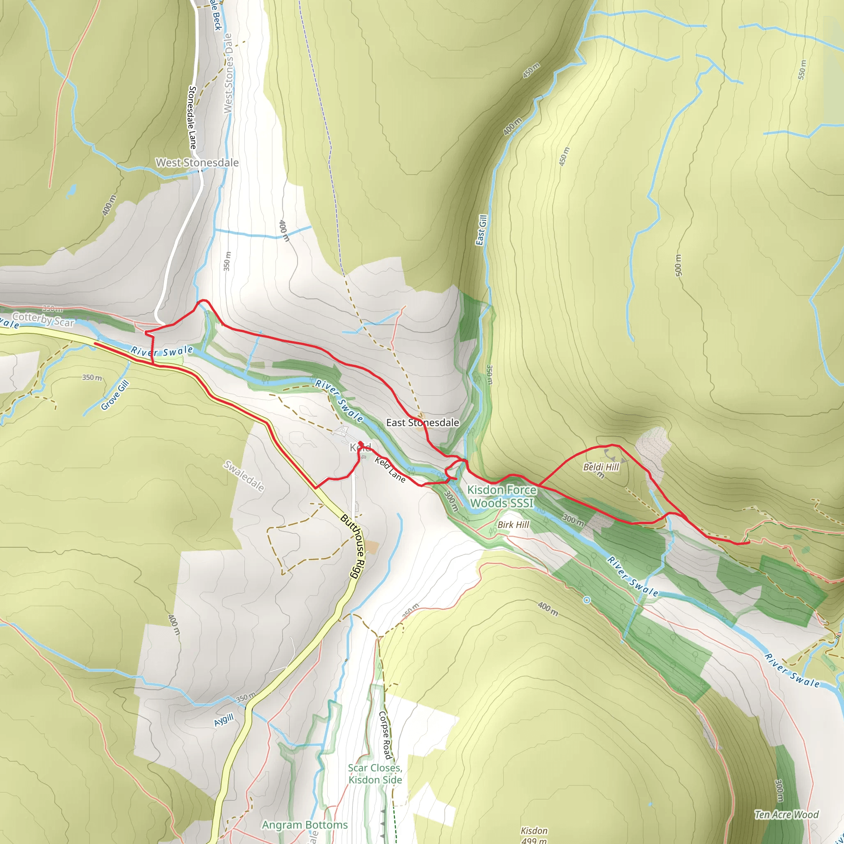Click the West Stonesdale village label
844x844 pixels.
click(197, 162)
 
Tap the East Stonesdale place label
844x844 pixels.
click(422, 422)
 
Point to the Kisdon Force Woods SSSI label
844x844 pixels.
click(502, 497)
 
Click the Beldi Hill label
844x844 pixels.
click(601, 467)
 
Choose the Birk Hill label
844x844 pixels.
click(513, 525)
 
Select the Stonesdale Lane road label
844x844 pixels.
click(192, 117)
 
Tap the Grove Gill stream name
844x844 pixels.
click(115, 395)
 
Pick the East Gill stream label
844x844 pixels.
click(481, 230)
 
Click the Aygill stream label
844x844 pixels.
click(224, 720)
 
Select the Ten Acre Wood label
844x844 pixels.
click(786, 814)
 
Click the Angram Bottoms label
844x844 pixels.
click(305, 825)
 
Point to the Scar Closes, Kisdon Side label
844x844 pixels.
click(375, 774)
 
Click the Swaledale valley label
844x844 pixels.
click(244, 476)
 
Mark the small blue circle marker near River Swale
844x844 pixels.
click(587, 600)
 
